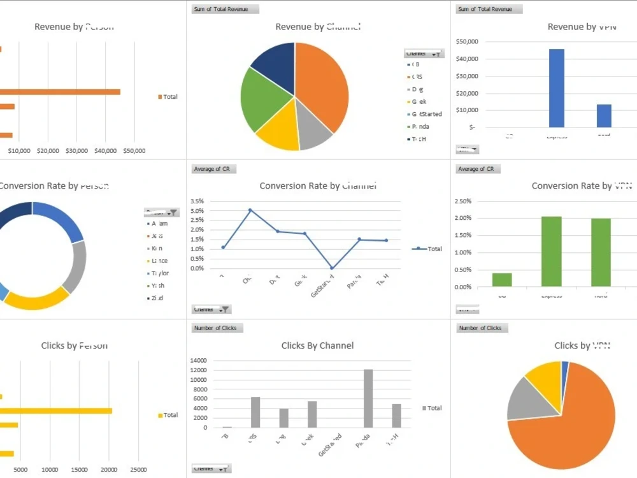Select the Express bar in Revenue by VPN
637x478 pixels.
[557, 88]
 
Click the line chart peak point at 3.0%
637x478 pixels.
[250, 210]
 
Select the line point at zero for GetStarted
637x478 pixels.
[332, 268]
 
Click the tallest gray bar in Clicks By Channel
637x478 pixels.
[368, 398]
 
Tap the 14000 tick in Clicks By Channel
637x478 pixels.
[199, 361]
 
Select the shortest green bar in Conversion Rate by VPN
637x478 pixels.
[502, 280]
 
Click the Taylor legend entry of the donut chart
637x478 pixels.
[159, 273]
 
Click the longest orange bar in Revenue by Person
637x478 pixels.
[61, 92]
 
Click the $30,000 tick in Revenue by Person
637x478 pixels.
[76, 151]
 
